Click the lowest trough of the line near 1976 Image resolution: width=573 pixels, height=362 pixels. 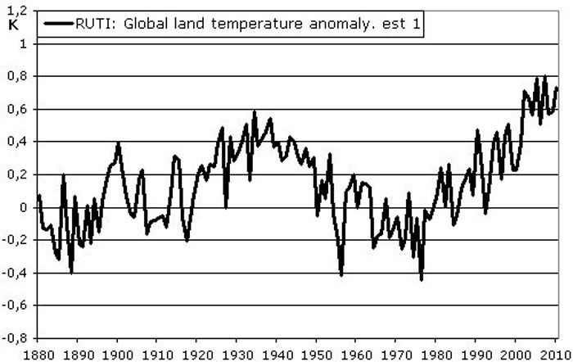click(x=422, y=280)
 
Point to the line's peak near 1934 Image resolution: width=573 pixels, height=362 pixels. click(x=255, y=112)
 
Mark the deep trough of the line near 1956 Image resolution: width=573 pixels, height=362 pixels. click(x=341, y=275)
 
